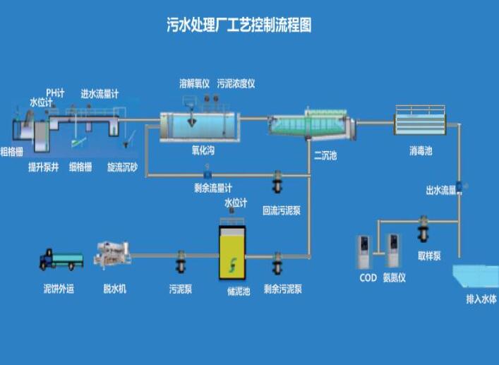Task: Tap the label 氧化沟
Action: (203, 150)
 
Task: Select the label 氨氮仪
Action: (395, 278)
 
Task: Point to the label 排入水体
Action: (481, 299)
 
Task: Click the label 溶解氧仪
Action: (195, 83)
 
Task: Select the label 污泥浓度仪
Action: (236, 83)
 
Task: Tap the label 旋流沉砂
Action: (122, 167)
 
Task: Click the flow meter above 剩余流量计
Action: (208, 174)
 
